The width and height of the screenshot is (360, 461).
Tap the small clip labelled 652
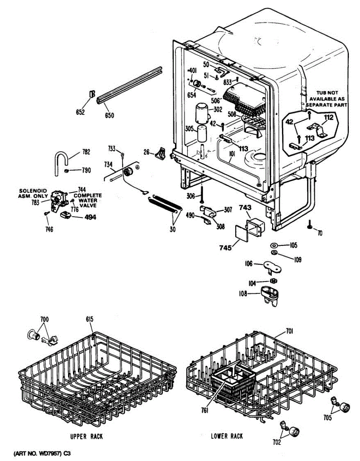point(92,94)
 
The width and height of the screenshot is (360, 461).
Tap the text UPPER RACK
point(87,436)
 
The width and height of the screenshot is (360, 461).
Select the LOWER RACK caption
point(227,436)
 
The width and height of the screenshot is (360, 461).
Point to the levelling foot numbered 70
point(309,224)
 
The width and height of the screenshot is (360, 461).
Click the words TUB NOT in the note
point(327,93)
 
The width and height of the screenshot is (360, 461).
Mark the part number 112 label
point(329,117)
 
